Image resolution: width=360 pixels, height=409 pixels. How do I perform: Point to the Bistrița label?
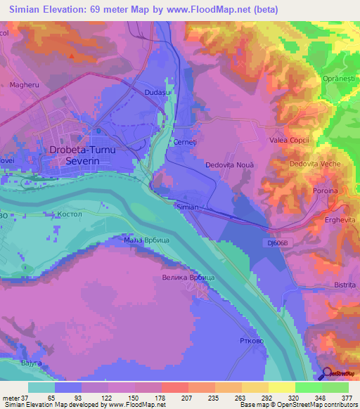pos(345,285)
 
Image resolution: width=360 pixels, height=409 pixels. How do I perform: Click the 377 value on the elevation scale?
pos(348,398)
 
